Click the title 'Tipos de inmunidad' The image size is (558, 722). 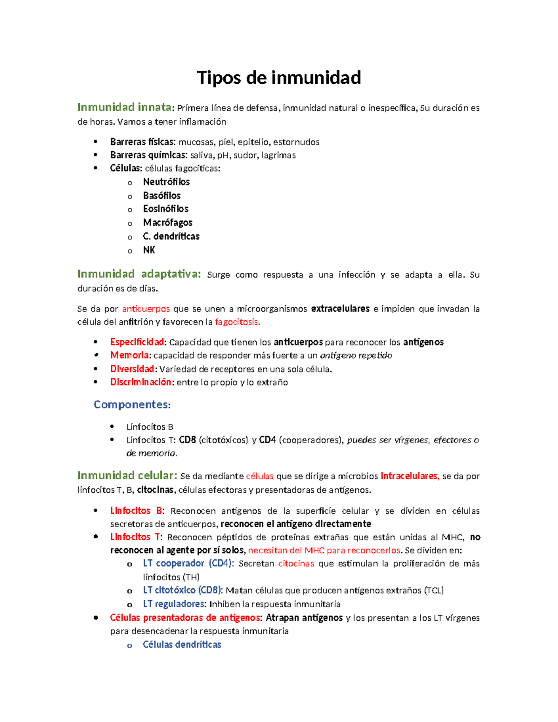point(279,78)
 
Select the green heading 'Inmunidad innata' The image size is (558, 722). point(124,107)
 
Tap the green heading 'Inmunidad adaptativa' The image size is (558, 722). point(139,274)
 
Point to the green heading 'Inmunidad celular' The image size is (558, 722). point(126,475)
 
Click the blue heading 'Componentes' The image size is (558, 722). point(131,404)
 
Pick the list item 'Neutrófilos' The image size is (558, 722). point(166,182)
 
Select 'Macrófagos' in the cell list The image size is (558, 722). point(167,223)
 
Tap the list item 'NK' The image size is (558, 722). point(149,250)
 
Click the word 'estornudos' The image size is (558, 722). point(296,142)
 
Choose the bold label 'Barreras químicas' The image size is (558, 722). point(148,155)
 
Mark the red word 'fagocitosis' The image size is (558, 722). point(237,322)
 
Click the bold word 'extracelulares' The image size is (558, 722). point(340,309)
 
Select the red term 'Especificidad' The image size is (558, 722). point(137,342)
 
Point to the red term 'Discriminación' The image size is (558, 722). point(141,382)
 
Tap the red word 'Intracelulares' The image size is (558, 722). point(409,476)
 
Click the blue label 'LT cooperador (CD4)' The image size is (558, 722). point(188,563)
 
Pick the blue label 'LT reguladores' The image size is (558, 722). point(174,604)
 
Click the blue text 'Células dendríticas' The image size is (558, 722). point(182,645)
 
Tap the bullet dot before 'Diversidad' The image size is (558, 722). point(96,369)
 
